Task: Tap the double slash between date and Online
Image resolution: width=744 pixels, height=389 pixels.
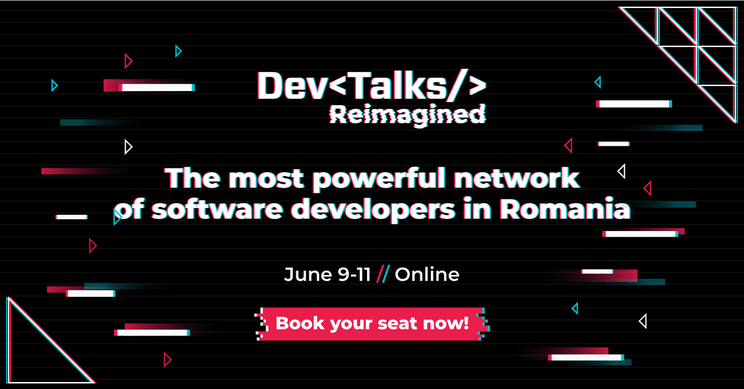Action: click(x=383, y=274)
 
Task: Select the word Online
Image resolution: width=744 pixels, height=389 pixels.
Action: click(x=427, y=274)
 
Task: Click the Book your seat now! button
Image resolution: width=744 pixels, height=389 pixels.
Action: click(x=372, y=323)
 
